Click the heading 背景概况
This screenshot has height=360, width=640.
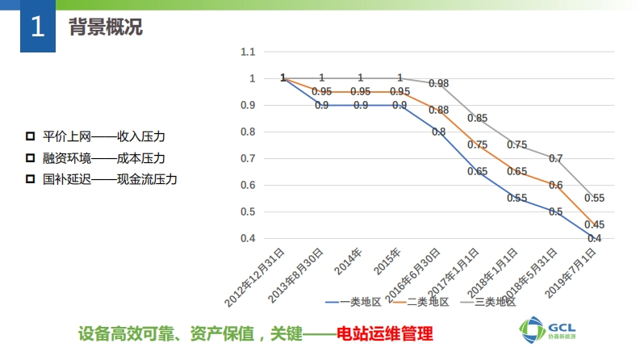coord(106,28)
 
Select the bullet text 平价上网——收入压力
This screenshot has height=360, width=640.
coord(109,136)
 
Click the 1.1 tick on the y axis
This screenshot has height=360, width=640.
coord(248,52)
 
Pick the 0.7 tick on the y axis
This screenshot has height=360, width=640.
coord(248,158)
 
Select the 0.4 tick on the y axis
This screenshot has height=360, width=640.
coord(248,238)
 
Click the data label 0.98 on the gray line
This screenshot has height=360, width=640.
coord(438,83)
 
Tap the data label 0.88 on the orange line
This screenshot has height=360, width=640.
coord(438,110)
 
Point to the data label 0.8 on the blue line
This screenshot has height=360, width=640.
coord(438,132)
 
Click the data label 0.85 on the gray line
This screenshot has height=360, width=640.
coord(477,119)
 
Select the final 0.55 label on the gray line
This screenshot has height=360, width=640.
coord(594,198)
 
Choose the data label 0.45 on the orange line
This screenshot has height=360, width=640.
coord(594,224)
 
